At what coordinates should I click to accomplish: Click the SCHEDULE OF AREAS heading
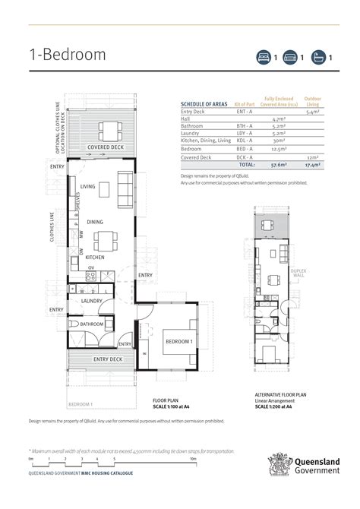204,103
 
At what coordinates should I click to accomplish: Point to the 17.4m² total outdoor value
312,163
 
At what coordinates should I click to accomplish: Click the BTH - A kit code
245,126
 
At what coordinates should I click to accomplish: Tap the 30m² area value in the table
278,141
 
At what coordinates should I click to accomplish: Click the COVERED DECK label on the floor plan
106,147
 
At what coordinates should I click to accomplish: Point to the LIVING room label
87,186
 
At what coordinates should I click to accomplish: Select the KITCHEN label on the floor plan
95,258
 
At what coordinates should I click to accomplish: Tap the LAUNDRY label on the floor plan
92,302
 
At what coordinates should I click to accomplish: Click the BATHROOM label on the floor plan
92,324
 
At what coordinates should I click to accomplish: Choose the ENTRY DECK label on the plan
108,359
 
